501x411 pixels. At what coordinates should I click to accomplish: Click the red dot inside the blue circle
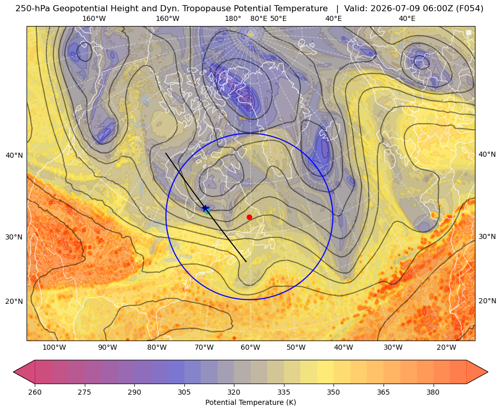point(249,217)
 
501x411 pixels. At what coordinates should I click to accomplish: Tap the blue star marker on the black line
point(205,208)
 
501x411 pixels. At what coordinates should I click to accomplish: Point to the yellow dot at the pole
point(250,35)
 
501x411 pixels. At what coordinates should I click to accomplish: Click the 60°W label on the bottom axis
point(250,348)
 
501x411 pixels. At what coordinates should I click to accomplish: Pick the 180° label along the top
point(233,18)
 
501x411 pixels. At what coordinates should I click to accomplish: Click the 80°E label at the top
point(258,18)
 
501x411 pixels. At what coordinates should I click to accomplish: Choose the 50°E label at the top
point(278,18)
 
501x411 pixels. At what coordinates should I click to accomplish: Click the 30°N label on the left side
point(14,237)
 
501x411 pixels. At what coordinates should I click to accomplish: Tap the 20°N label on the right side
point(487,301)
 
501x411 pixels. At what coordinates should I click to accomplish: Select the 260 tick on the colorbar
point(35,392)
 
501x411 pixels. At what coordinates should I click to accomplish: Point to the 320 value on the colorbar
point(234,392)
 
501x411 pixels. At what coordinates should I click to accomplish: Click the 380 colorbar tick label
point(433,392)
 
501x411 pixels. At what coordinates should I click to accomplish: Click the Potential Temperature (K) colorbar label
point(250,402)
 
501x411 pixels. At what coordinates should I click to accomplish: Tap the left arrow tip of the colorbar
point(13,372)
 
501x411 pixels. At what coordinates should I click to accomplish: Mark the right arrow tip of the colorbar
point(488,372)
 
